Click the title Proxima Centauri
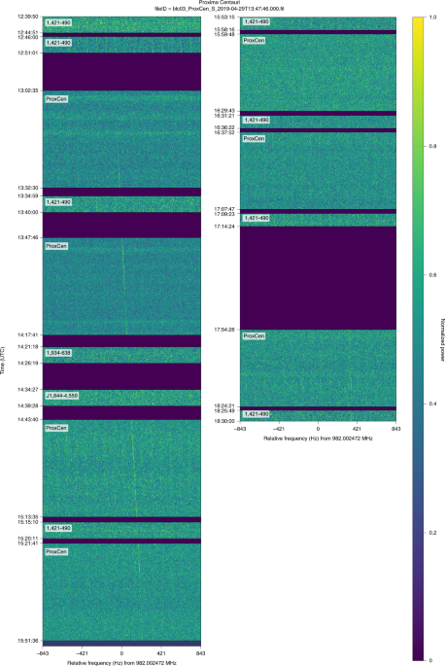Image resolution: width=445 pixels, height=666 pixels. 222,4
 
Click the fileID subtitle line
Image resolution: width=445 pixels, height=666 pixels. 222,10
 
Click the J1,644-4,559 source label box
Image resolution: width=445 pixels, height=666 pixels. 63,396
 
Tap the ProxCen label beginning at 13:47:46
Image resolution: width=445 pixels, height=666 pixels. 56,246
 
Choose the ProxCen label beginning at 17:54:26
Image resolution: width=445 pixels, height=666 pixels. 254,336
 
